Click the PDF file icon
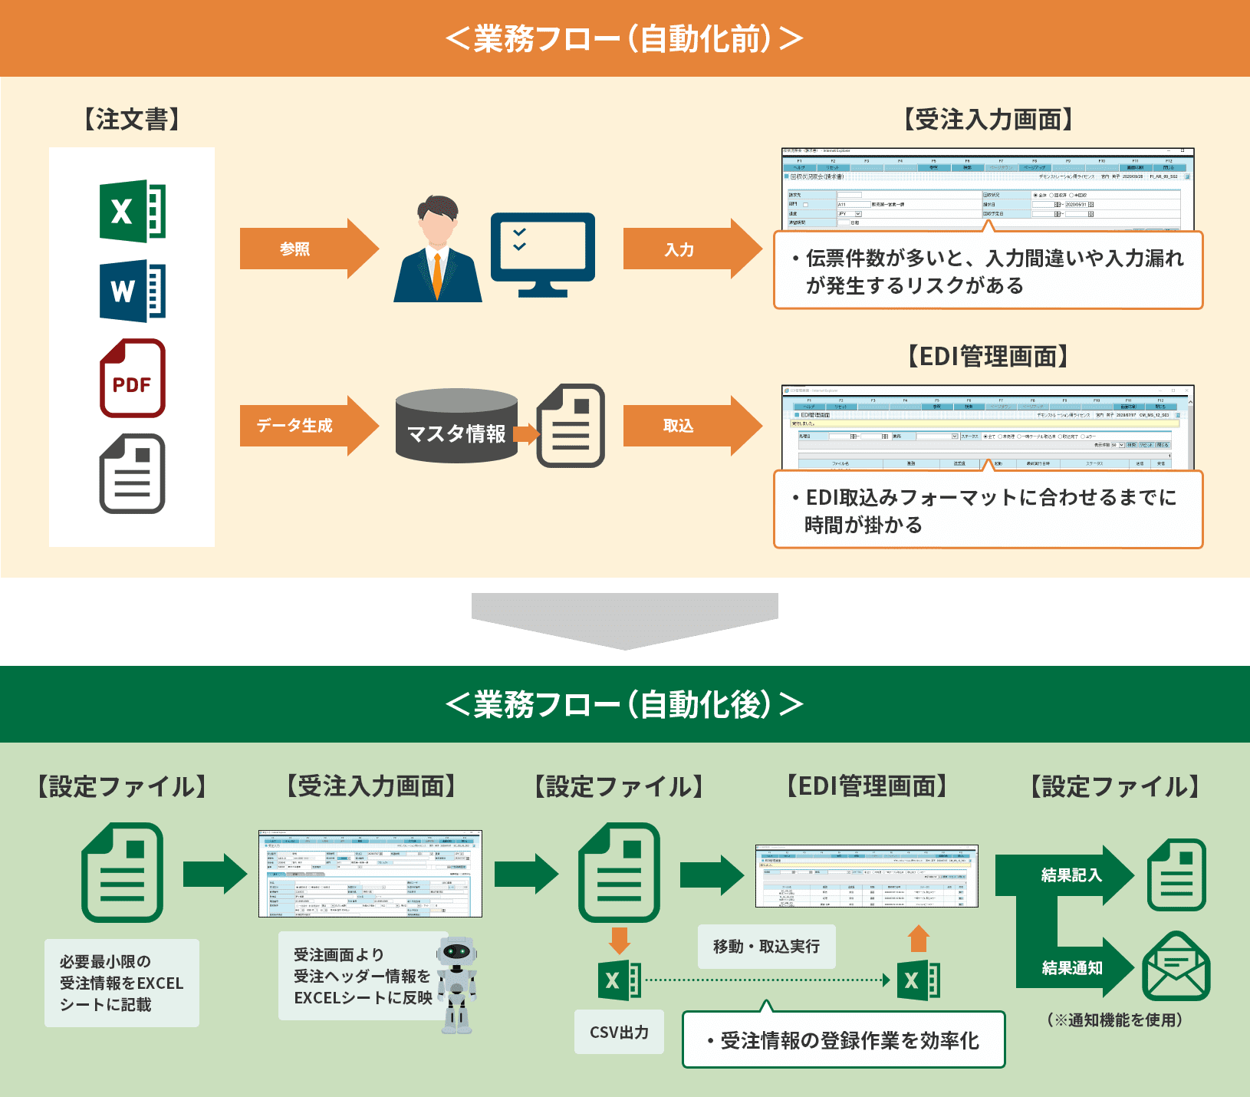coord(133,378)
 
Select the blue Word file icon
coord(133,292)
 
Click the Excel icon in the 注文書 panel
coord(133,211)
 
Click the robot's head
coord(457,953)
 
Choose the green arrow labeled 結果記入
coord(1066,875)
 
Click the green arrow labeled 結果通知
coord(1074,967)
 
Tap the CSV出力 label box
coord(619,1032)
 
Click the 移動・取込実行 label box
coord(766,947)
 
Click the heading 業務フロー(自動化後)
coord(625,704)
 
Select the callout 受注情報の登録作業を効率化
coord(844,1040)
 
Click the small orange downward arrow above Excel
coord(619,940)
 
